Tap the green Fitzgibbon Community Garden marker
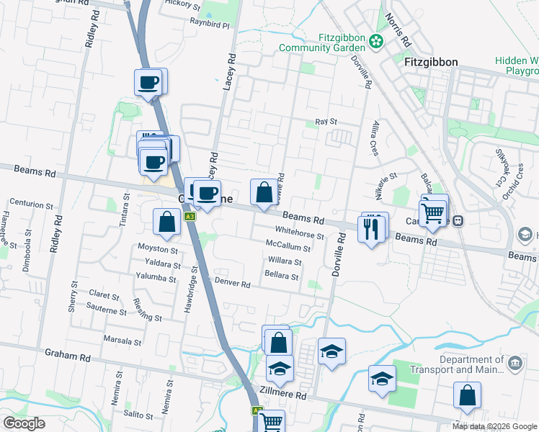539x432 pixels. (375, 42)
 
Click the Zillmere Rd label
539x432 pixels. (286, 396)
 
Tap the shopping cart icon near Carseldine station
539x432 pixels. (432, 212)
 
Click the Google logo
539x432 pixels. (24, 423)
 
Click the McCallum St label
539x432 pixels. (288, 248)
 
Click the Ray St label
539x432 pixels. (326, 122)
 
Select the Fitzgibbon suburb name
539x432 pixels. (432, 62)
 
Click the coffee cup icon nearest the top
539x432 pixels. (149, 81)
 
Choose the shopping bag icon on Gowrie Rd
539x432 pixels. (264, 192)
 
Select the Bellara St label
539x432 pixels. (281, 276)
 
